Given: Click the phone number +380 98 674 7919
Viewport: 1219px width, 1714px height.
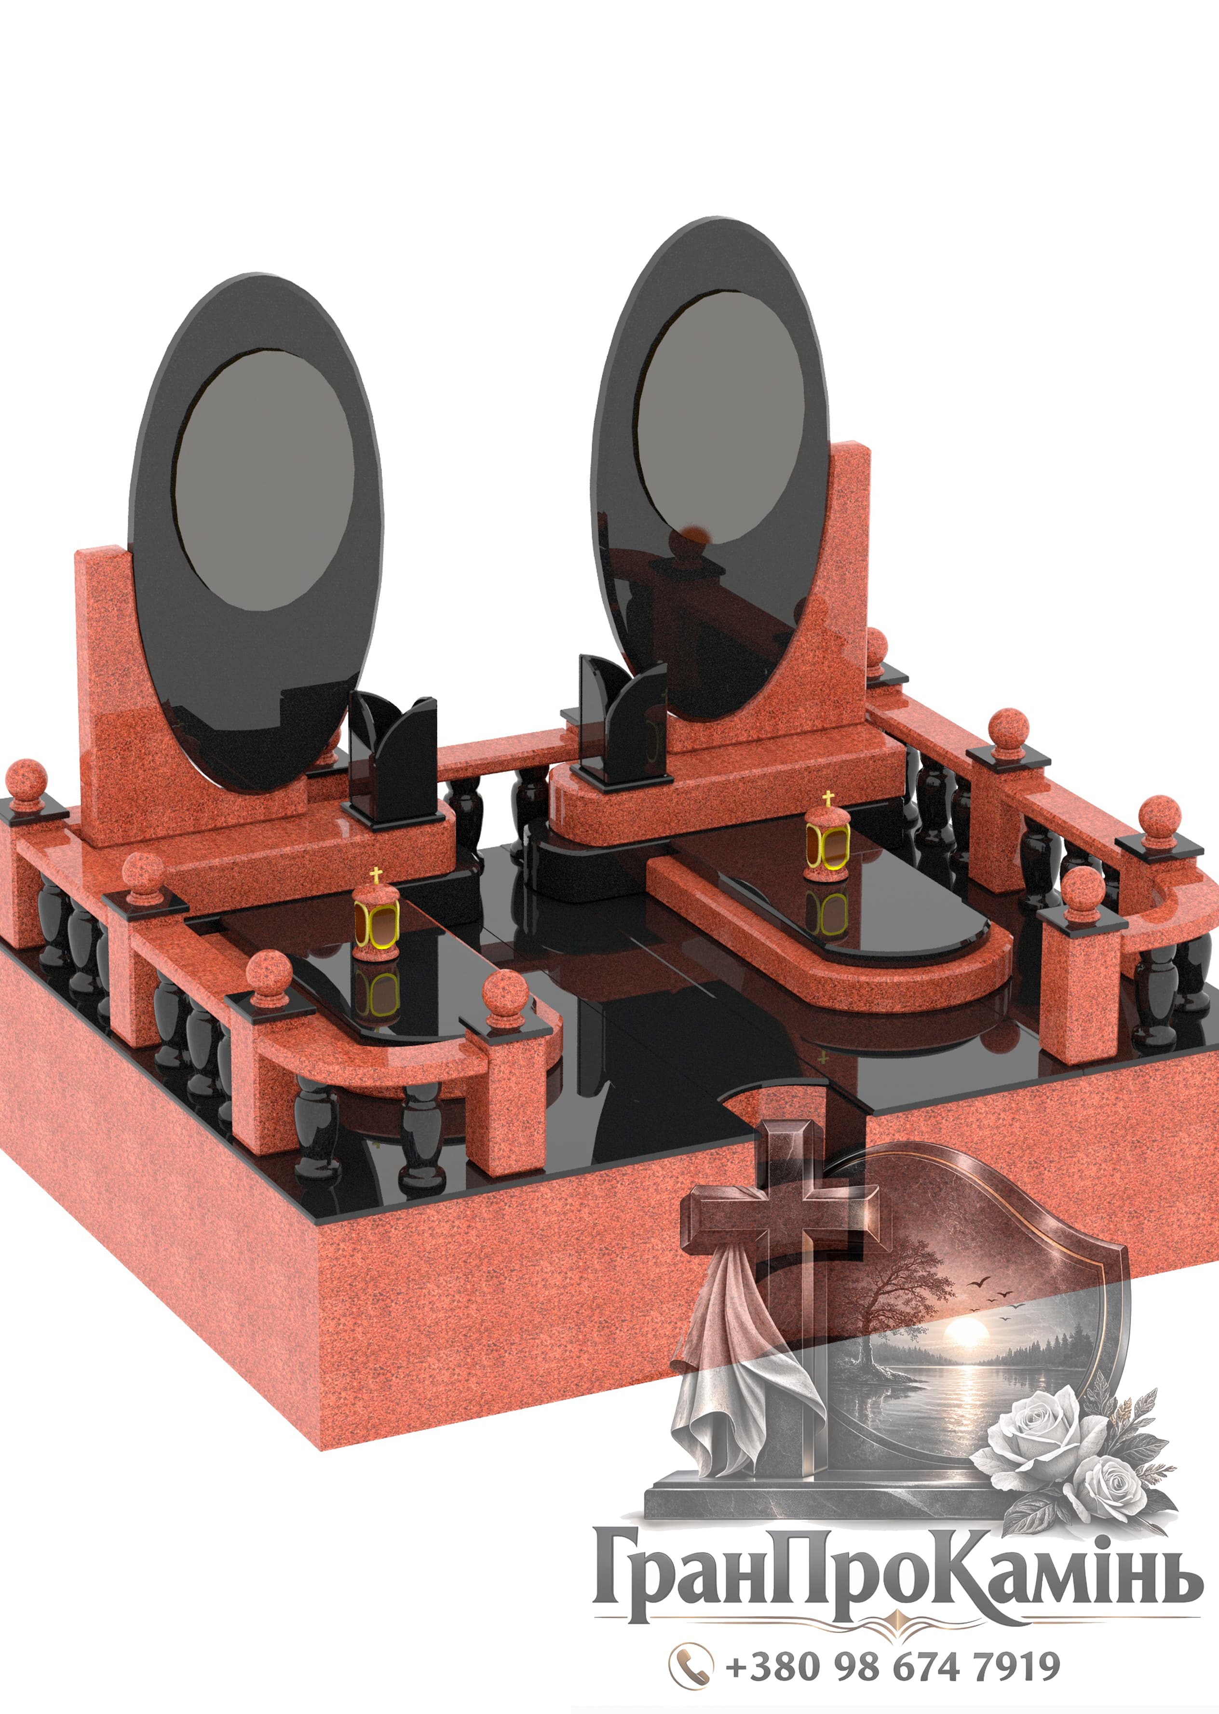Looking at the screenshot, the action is click(x=893, y=1667).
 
